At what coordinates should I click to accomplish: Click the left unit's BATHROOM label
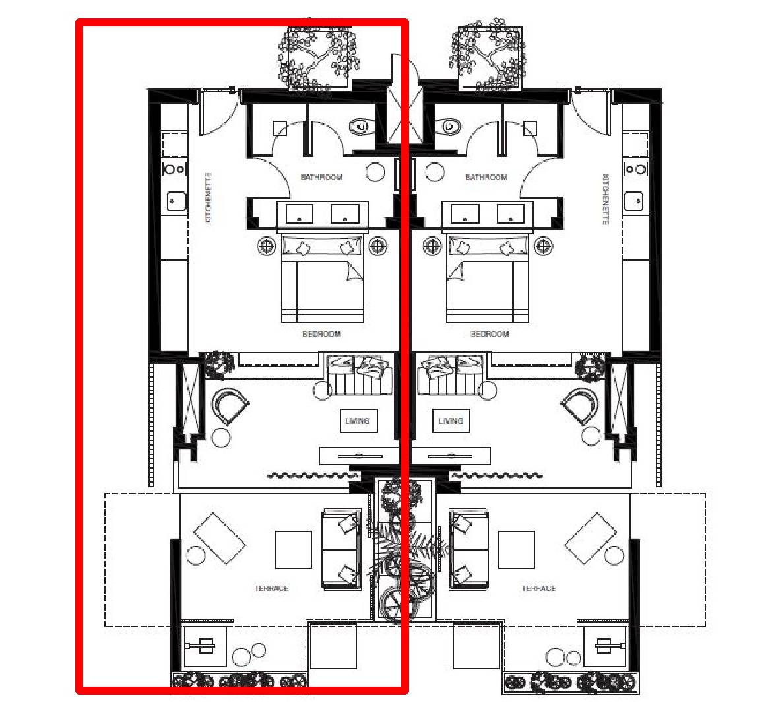[x=321, y=177]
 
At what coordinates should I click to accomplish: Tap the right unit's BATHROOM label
[x=486, y=177]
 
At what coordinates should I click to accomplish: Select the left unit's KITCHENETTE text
[x=209, y=197]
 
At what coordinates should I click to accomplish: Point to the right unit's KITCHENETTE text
[x=606, y=199]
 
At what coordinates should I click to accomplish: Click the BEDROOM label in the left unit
[x=321, y=334]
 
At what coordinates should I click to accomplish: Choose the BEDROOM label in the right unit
[x=490, y=334]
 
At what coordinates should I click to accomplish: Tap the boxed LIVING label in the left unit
[x=358, y=421]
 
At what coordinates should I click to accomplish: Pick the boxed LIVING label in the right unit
[x=451, y=421]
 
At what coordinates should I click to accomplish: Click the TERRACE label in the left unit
[x=271, y=588]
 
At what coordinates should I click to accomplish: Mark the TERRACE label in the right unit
[x=538, y=588]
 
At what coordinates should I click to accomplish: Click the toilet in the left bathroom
[x=362, y=127]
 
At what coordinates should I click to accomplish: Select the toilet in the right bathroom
[x=449, y=127]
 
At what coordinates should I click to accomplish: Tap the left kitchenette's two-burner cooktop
[x=175, y=169]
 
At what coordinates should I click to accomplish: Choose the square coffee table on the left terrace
[x=294, y=549]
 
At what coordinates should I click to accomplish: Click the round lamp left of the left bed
[x=267, y=246]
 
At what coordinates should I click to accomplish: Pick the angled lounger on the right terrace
[x=591, y=538]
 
